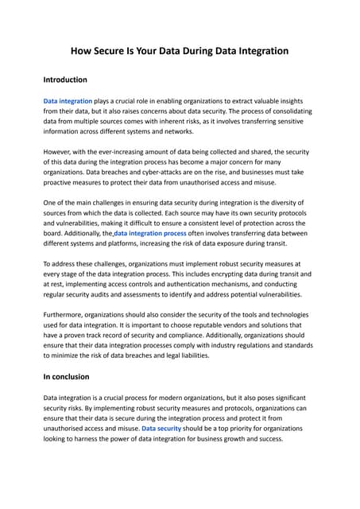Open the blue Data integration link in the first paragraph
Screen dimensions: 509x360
coord(68,102)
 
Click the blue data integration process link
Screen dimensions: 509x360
coord(150,234)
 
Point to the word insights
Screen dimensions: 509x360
coord(294,102)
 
